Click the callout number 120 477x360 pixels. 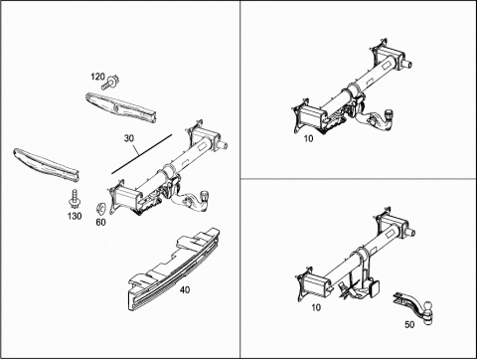coord(97,77)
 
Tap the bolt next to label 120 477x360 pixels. coord(110,83)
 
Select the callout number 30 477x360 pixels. coord(129,138)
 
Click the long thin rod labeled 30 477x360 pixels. coord(142,154)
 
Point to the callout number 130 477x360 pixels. coord(75,216)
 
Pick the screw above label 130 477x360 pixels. coord(75,199)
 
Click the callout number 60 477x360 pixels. coord(100,222)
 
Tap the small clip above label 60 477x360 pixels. coord(100,209)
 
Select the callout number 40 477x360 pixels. coord(185,290)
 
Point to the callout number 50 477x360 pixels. coord(409,325)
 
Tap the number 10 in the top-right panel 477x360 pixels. coord(308,138)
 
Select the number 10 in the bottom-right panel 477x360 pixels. coord(316,307)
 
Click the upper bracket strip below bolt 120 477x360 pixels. coord(121,107)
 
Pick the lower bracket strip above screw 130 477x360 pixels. coord(46,165)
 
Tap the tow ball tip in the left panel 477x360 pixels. coord(205,196)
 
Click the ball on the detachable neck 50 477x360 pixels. coord(427,306)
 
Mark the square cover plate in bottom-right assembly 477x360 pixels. coord(375,287)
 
